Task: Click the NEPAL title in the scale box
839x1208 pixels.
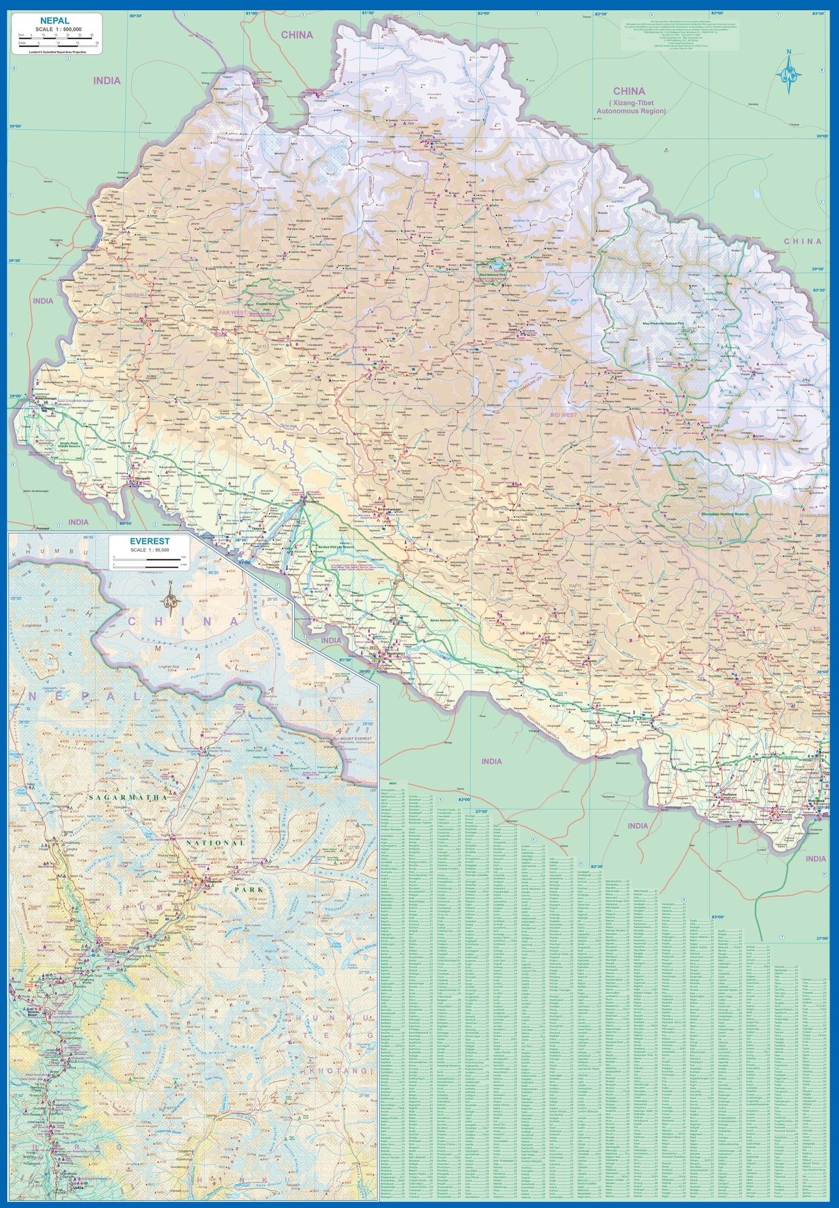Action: [x=54, y=21]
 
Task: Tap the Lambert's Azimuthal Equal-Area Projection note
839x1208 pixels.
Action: [x=56, y=51]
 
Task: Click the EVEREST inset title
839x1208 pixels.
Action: [x=149, y=541]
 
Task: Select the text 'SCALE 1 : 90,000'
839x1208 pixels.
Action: [x=149, y=550]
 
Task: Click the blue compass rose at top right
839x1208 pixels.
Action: [x=789, y=73]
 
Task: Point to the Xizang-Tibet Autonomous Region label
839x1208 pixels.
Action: [x=630, y=107]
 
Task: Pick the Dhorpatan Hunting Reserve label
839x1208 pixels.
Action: [x=725, y=514]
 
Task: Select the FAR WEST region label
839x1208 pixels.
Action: [x=232, y=312]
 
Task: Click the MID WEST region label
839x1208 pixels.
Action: [x=563, y=415]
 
